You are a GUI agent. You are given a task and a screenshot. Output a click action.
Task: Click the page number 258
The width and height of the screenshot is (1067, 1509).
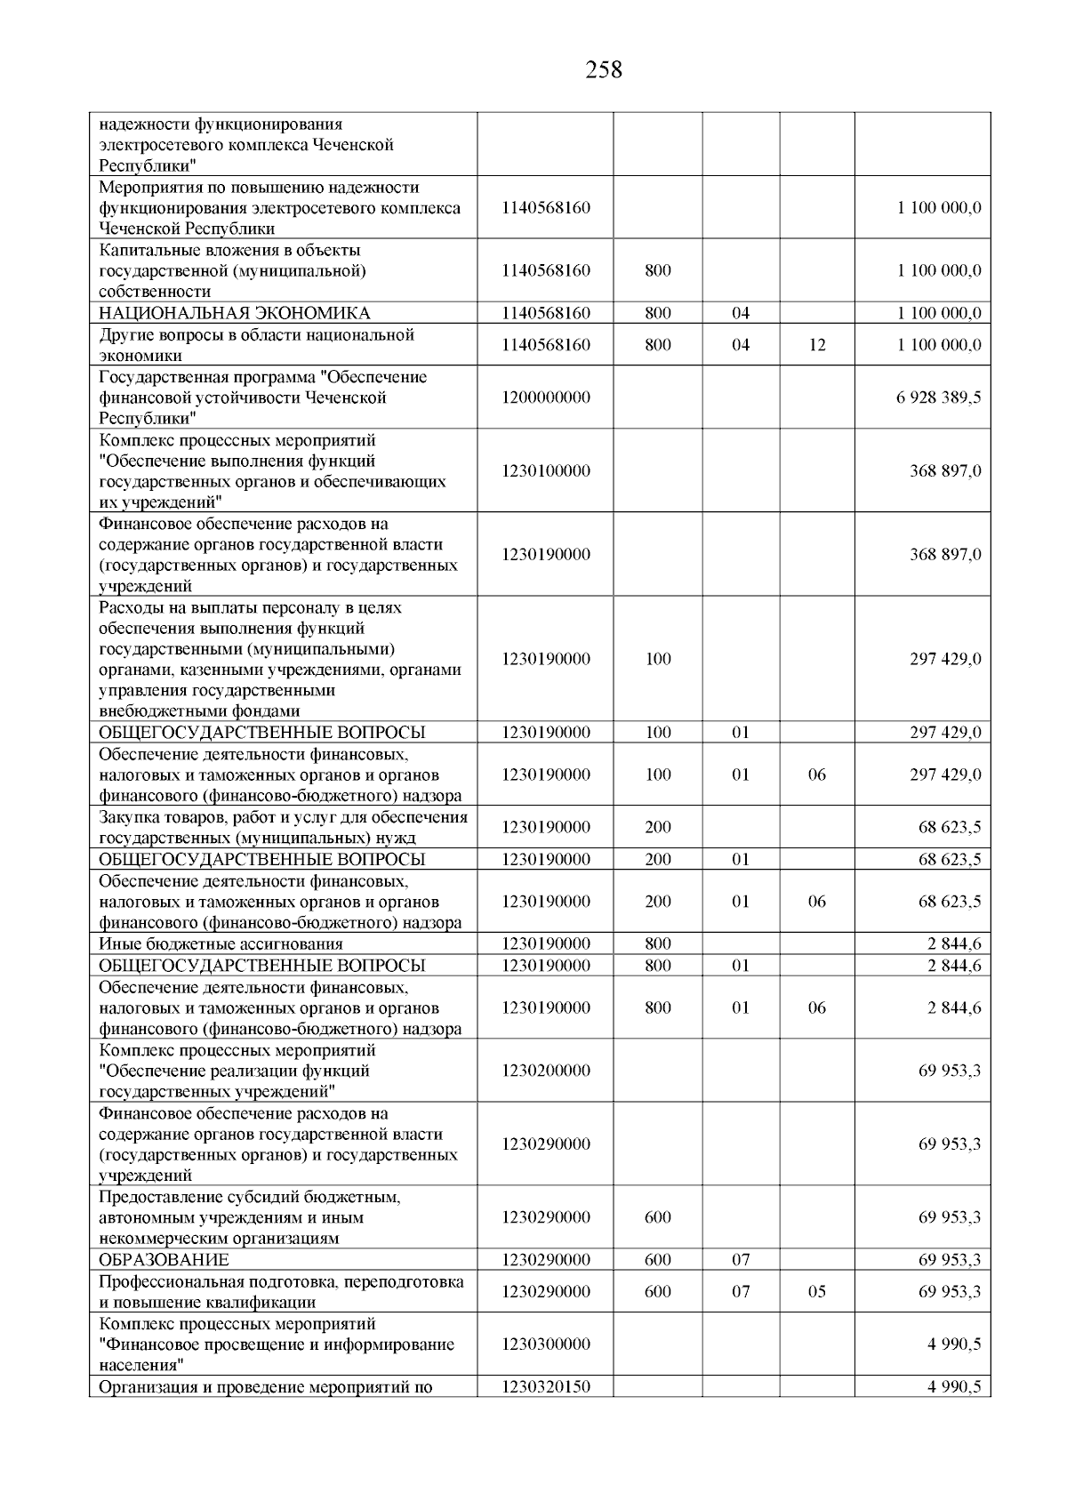pos(604,69)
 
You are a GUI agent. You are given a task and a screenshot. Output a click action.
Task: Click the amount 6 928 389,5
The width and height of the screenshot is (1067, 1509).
pos(939,397)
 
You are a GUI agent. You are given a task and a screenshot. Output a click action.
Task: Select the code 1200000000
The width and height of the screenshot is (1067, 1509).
pos(545,397)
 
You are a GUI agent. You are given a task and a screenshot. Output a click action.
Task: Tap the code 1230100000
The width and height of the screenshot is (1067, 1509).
pos(545,471)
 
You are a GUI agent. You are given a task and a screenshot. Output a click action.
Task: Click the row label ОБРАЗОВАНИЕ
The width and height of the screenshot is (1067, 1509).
pos(164,1260)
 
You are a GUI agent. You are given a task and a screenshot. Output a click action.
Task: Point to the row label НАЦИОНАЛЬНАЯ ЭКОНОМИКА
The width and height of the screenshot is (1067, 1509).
pos(235,313)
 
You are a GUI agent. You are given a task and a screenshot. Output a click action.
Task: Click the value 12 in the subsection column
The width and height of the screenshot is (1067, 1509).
pos(817,345)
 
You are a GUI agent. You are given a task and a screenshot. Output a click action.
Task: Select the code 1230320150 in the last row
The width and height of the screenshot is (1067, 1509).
pos(545,1386)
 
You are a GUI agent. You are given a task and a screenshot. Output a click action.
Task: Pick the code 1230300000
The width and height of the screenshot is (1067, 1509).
pos(545,1344)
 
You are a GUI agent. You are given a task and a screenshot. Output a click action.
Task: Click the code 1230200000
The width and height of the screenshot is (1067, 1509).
pos(545,1071)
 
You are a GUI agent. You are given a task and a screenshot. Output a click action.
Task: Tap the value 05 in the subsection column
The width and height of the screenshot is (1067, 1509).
pos(817,1291)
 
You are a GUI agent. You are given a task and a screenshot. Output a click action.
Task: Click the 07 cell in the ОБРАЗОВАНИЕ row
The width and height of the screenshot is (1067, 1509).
pos(741,1260)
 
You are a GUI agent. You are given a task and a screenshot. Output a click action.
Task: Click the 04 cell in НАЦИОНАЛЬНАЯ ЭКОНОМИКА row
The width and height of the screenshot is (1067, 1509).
pos(741,313)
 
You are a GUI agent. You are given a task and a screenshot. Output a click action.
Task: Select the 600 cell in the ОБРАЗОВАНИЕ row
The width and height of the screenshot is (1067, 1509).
pos(658,1260)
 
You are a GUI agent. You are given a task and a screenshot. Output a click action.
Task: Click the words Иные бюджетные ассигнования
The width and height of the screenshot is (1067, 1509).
pos(221,944)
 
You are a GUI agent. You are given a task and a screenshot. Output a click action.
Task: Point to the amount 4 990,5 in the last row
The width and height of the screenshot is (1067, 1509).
pos(954,1386)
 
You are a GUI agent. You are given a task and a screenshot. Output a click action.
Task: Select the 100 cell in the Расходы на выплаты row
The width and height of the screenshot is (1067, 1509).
pos(658,660)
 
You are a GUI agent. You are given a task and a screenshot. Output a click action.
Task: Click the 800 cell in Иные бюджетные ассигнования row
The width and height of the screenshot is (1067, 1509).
pos(658,944)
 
